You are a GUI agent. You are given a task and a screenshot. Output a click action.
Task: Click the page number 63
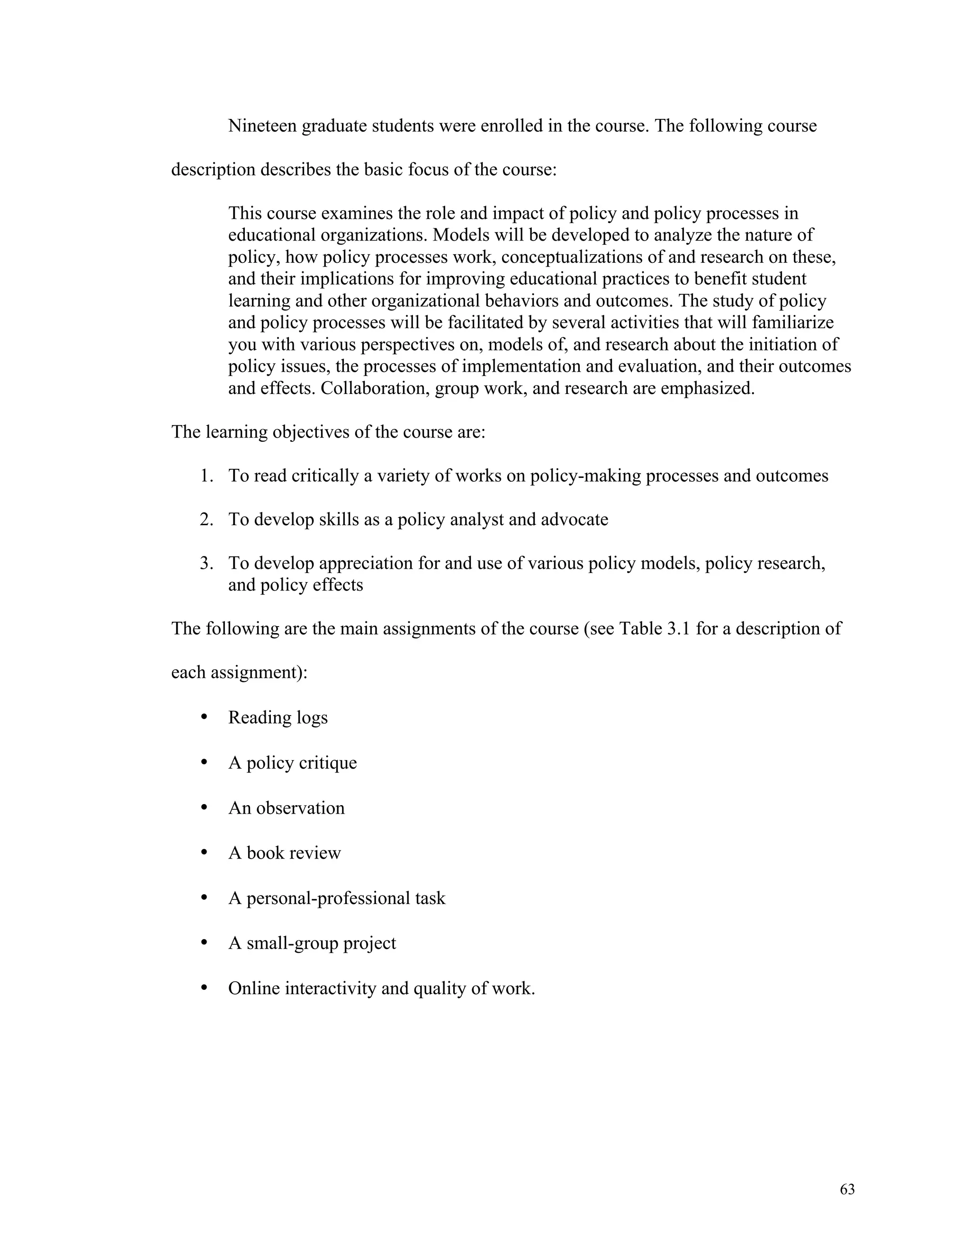(x=847, y=1190)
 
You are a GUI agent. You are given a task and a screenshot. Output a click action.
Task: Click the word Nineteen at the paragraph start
(x=262, y=126)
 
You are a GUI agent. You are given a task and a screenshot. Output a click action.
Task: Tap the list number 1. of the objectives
(x=207, y=476)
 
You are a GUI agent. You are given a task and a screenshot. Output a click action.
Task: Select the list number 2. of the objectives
(x=207, y=520)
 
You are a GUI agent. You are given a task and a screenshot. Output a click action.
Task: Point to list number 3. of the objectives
(x=207, y=563)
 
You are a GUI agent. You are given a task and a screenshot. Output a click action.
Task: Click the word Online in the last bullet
(x=254, y=988)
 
